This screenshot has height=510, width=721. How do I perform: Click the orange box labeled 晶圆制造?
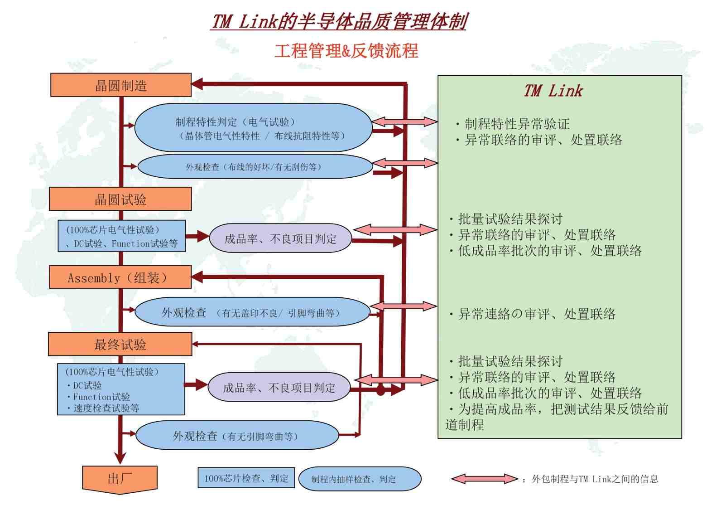[120, 85]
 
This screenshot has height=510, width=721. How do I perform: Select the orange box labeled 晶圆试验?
[120, 199]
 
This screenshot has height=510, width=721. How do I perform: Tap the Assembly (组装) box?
[120, 277]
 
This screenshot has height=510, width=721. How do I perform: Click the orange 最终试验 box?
[120, 344]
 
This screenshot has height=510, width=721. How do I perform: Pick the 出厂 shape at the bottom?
[120, 479]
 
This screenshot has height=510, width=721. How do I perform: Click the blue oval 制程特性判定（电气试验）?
[253, 128]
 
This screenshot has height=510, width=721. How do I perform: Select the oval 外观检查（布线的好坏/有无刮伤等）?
[255, 167]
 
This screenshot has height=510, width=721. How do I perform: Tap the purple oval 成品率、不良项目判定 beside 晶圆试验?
[280, 238]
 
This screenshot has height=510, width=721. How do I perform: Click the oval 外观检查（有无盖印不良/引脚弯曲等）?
[252, 312]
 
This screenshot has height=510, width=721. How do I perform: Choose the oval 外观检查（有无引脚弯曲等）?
[237, 436]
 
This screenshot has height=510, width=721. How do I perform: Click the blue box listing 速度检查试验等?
[121, 389]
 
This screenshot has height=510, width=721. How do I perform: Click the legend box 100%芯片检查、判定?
[246, 478]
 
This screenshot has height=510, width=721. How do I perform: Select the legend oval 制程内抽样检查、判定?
[360, 479]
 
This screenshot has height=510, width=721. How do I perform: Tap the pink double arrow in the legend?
[484, 479]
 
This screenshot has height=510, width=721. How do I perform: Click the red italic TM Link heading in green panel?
[553, 91]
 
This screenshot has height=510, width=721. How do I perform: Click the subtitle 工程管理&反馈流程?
[346, 51]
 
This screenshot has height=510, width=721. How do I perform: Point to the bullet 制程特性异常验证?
[516, 124]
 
